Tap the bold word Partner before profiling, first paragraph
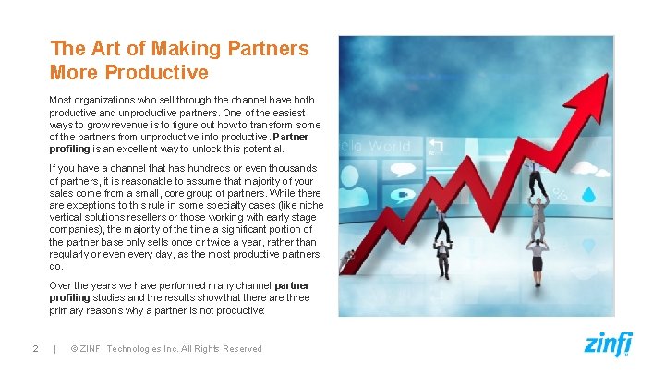coord(291,136)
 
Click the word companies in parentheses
coord(79,229)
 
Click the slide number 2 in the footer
coord(34,348)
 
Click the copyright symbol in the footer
coord(73,348)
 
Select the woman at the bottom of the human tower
coord(536,264)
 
